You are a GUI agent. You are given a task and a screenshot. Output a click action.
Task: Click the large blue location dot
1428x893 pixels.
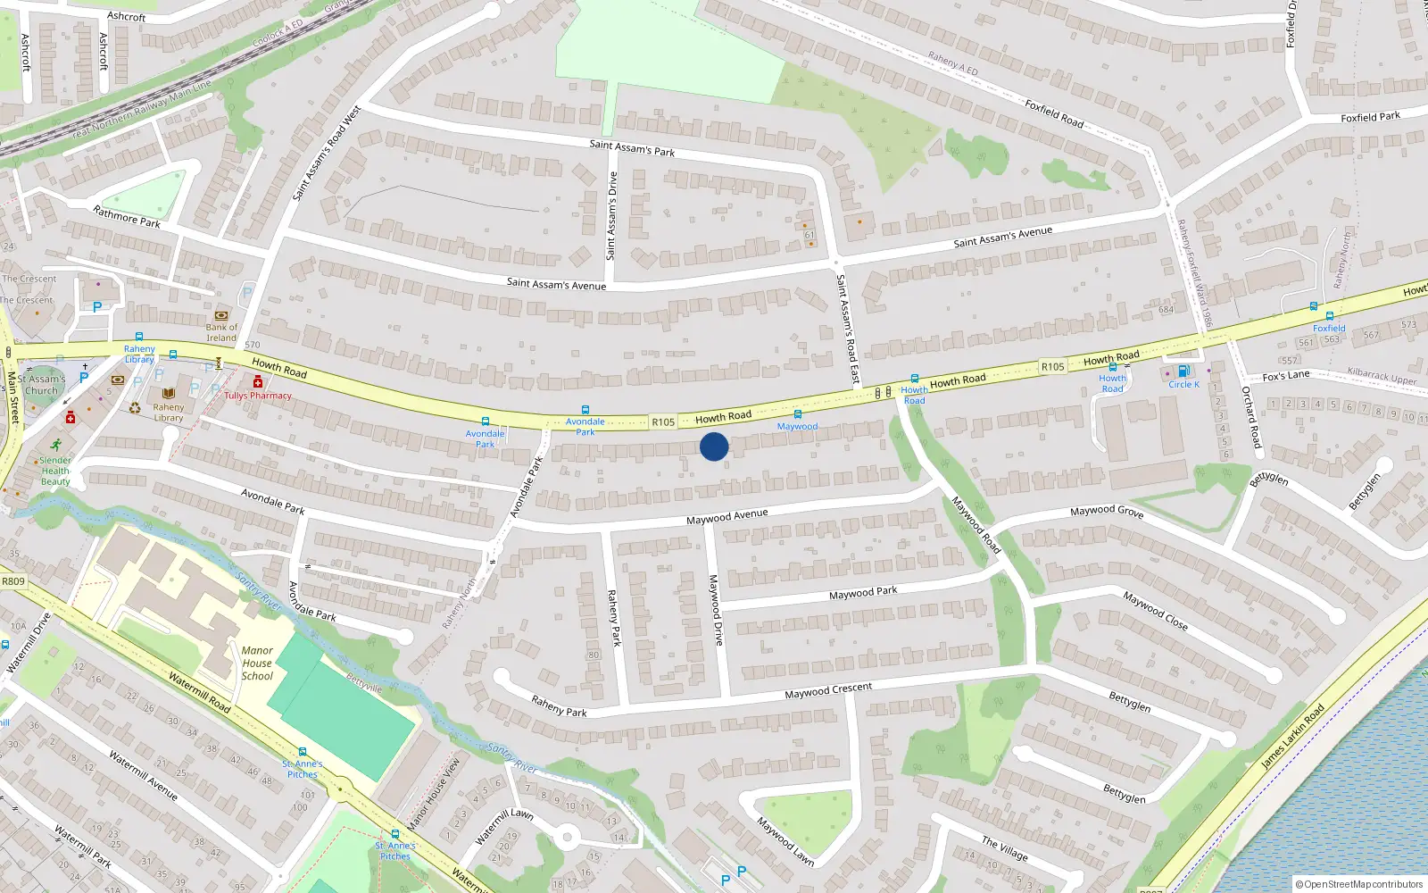tap(714, 446)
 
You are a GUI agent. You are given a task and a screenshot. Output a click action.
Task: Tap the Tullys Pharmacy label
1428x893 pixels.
tap(258, 396)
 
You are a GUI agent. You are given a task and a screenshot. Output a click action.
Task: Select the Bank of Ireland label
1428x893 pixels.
tap(221, 332)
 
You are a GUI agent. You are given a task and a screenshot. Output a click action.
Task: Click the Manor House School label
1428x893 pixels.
tap(257, 663)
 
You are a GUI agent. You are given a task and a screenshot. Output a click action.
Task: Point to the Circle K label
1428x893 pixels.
tap(1183, 385)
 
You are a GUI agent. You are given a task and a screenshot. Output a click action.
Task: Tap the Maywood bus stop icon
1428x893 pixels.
tap(797, 414)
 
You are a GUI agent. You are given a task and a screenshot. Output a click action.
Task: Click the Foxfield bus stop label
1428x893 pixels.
tap(1329, 329)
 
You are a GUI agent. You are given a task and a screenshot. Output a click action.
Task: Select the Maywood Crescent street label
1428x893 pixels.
tap(828, 690)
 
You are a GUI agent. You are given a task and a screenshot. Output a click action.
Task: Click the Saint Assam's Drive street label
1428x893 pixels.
tap(612, 216)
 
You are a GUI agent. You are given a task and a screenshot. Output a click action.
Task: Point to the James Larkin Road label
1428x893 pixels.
tap(1292, 738)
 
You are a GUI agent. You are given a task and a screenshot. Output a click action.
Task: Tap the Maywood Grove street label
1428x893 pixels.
tap(1107, 511)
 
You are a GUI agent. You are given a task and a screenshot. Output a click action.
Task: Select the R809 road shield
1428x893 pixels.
tap(13, 581)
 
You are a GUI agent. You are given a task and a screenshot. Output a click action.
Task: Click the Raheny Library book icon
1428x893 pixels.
tap(169, 393)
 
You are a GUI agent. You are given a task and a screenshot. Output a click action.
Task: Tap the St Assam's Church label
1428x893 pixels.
tap(41, 385)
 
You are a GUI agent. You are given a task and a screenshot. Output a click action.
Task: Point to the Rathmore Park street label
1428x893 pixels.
tap(127, 217)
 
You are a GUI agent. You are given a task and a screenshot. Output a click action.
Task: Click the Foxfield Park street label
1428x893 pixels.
tap(1370, 117)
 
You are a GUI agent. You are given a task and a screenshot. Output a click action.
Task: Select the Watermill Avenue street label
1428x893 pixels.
tap(143, 775)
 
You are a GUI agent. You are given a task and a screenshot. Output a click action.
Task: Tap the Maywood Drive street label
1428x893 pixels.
tap(716, 610)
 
